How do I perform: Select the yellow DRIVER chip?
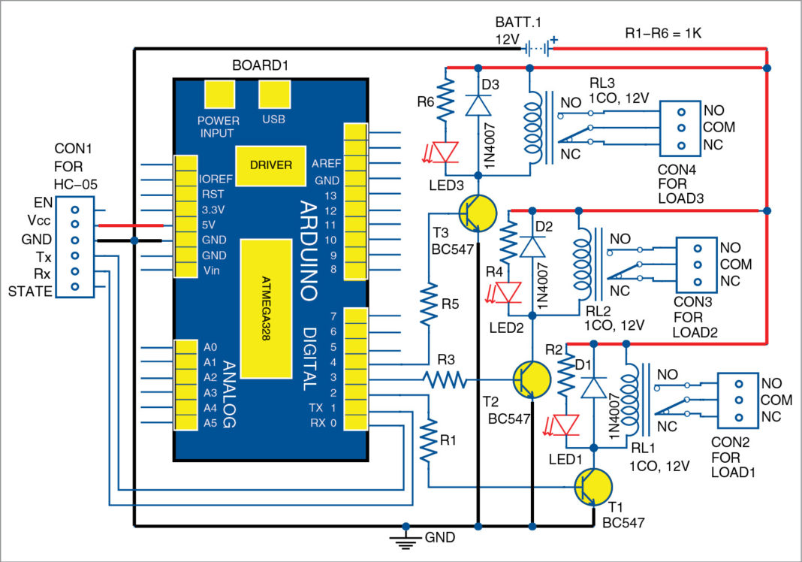tap(271, 165)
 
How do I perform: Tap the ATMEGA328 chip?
tap(266, 308)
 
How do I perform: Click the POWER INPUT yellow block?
tap(219, 95)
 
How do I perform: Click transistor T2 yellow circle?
tap(532, 379)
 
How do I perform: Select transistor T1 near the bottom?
tap(593, 486)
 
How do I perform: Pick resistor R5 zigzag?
tap(430, 304)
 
